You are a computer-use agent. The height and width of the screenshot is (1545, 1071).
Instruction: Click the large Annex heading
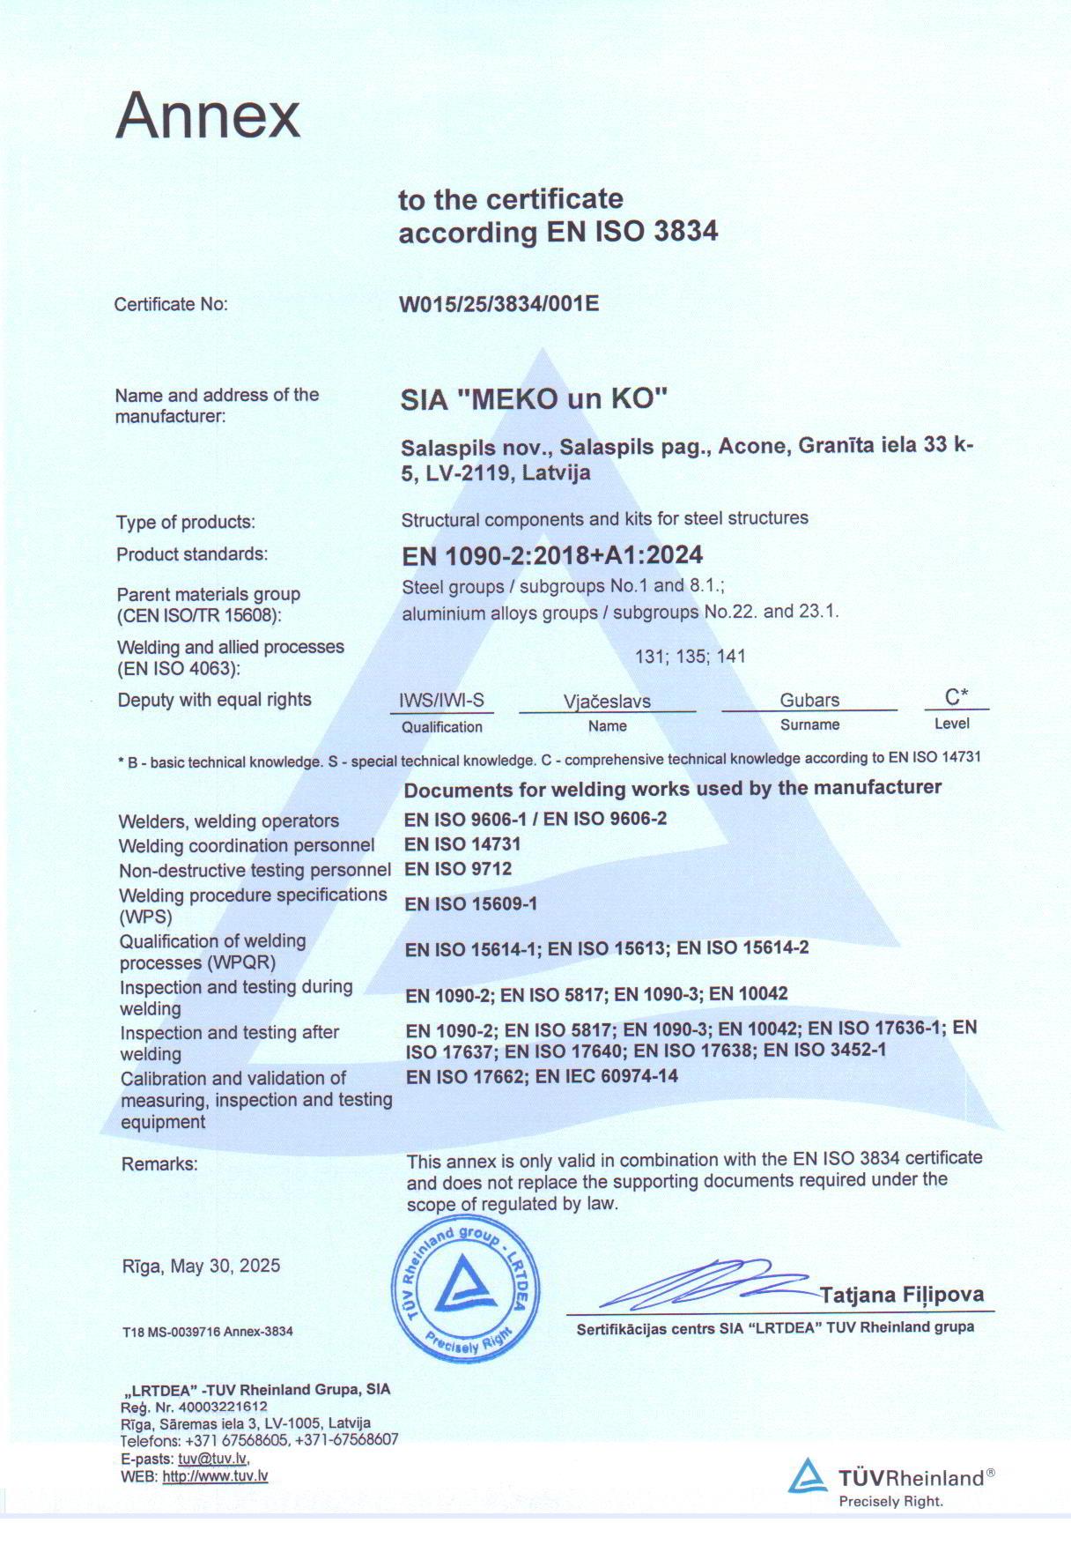tap(208, 115)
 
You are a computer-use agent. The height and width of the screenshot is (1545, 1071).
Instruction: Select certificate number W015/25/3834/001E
tap(499, 304)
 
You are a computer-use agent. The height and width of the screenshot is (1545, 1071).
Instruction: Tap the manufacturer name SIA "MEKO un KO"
tap(535, 399)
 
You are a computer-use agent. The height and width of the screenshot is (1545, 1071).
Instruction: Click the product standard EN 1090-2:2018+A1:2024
tap(552, 554)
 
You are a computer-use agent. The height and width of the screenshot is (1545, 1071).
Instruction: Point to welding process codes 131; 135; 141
tap(690, 656)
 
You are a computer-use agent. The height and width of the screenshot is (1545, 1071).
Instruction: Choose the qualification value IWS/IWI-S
tap(441, 701)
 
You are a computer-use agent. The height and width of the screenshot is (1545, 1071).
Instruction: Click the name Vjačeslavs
tap(607, 702)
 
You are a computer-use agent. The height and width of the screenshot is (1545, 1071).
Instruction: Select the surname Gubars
tap(809, 701)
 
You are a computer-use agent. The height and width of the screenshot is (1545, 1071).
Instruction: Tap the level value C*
tap(957, 697)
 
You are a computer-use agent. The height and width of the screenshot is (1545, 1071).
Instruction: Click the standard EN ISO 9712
tap(458, 869)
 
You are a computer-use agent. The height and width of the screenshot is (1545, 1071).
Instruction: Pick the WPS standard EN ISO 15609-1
tap(470, 903)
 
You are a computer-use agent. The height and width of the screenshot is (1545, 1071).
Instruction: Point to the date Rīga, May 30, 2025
tap(201, 1266)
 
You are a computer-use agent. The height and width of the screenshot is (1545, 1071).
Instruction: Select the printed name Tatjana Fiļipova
tap(901, 1294)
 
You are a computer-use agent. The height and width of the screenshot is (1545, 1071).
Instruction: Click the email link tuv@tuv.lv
tap(213, 1459)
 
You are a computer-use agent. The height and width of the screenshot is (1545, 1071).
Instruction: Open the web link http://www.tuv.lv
tap(215, 1476)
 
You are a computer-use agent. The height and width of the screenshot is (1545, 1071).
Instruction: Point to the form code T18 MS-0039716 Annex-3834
tap(207, 1331)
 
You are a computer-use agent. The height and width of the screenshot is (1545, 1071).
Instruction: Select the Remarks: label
tap(159, 1163)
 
